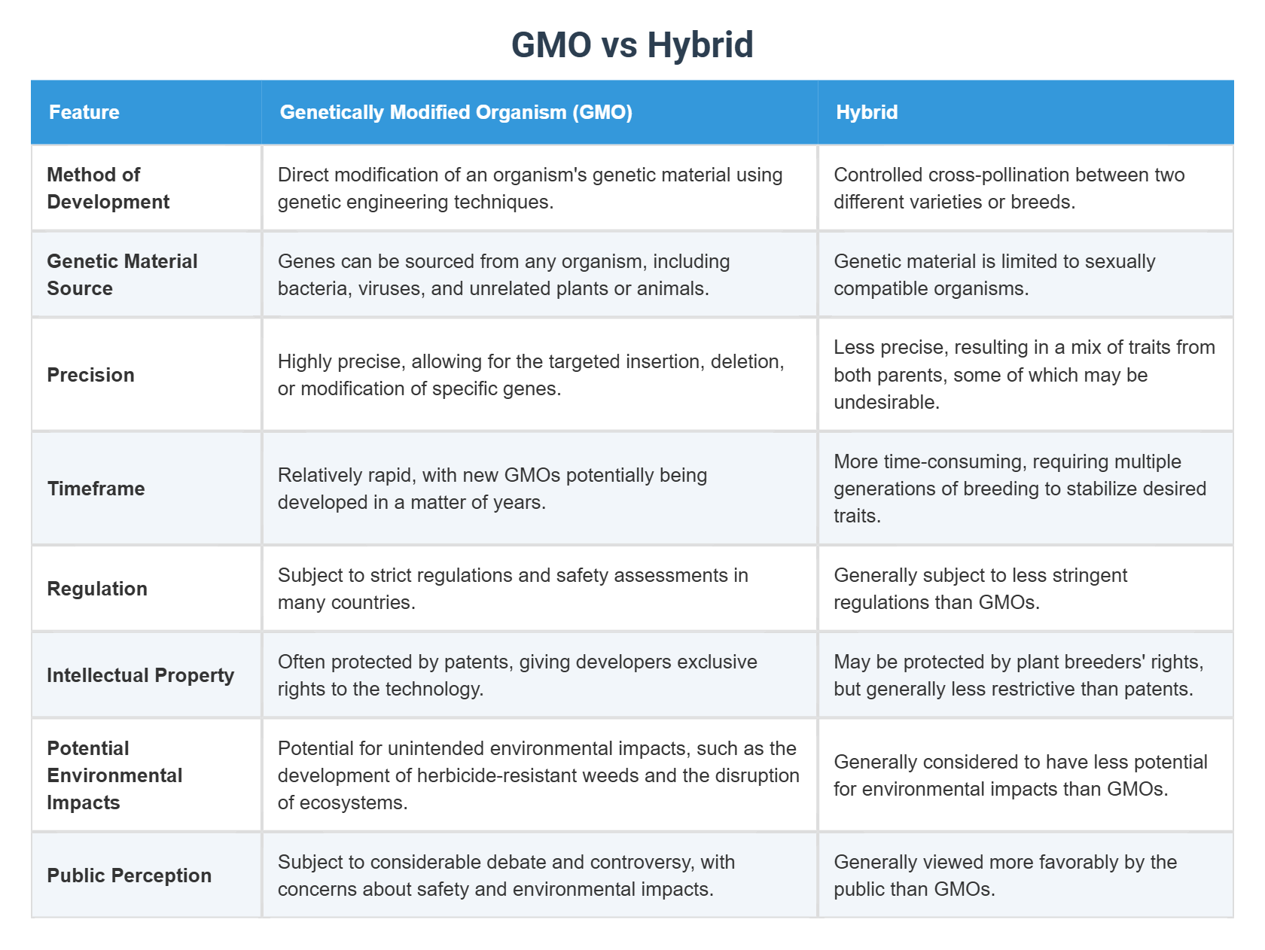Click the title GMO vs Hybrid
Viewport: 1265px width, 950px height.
[632, 44]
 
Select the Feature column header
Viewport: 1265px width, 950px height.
[84, 112]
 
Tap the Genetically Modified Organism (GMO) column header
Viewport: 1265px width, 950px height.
[456, 112]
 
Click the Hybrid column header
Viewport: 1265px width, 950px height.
[867, 112]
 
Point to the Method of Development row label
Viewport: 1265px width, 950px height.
[108, 188]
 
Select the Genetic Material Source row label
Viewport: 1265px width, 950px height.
[122, 275]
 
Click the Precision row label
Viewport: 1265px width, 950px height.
[90, 375]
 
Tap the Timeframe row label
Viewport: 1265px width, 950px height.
[96, 489]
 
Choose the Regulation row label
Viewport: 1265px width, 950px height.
[97, 589]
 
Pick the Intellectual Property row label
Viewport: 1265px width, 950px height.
[140, 675]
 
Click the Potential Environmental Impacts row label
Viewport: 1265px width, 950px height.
[114, 775]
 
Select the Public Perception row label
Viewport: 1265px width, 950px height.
[129, 875]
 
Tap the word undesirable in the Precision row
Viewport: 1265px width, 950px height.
[885, 402]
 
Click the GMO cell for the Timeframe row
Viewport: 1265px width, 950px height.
[539, 489]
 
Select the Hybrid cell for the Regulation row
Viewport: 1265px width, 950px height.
[1025, 589]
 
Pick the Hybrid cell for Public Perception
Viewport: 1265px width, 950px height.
[1025, 875]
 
